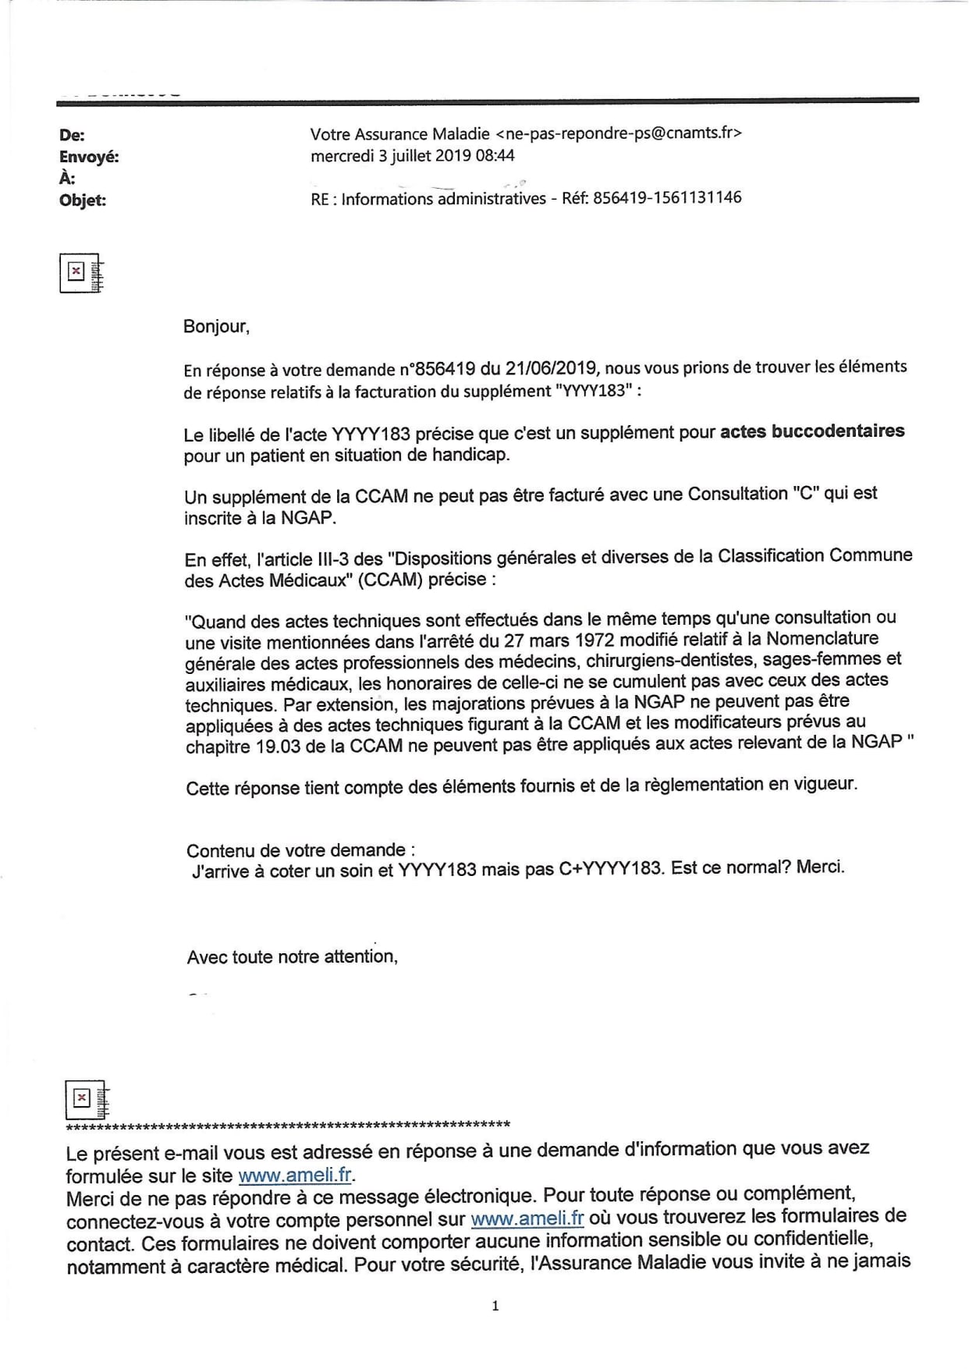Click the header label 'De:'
click(72, 135)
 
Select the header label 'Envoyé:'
click(89, 157)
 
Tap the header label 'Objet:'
click(83, 200)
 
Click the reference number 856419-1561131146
click(667, 197)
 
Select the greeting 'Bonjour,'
click(216, 326)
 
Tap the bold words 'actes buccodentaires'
click(812, 431)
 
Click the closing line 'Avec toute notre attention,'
click(293, 956)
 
